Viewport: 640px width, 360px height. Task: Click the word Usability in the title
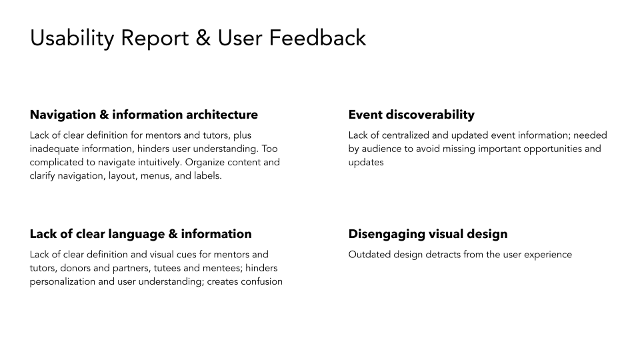72,39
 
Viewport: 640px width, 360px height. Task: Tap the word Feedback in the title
317,38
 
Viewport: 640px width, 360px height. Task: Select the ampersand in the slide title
203,38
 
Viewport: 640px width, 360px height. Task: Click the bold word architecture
221,115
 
